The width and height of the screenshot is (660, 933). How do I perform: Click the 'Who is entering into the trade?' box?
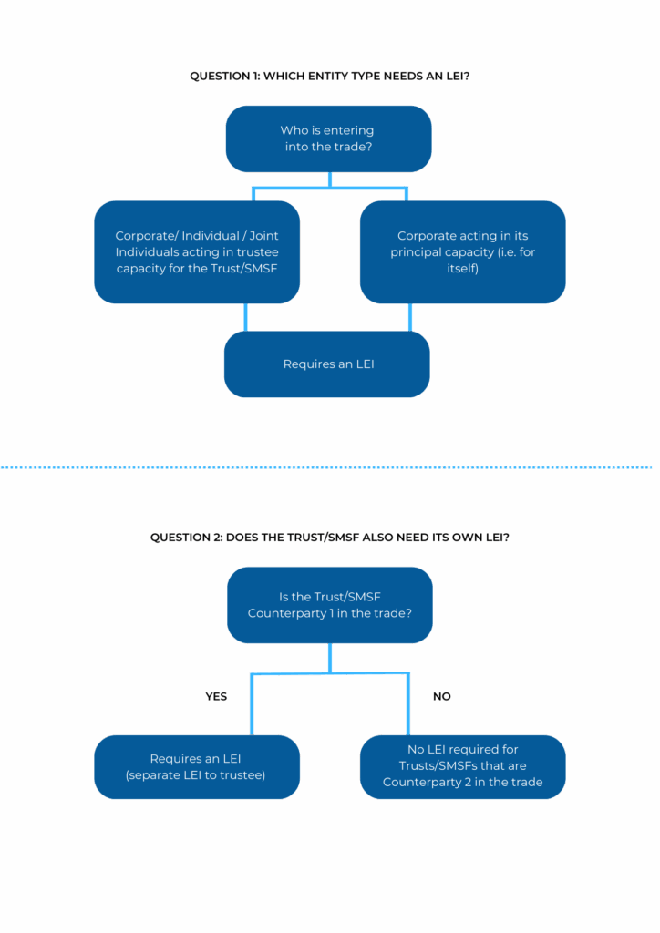tap(328, 138)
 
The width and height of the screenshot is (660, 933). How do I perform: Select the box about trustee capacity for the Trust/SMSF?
tap(197, 252)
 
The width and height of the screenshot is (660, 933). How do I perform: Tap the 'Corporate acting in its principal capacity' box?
tap(462, 252)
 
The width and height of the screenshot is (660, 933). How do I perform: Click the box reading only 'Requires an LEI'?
tap(326, 364)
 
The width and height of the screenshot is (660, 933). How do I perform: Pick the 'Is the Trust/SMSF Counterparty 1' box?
tap(330, 605)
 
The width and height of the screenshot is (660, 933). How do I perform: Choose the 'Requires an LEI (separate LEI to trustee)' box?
tap(197, 767)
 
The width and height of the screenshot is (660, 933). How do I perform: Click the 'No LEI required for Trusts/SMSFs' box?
tap(462, 767)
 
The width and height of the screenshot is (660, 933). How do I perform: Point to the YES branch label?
tap(216, 696)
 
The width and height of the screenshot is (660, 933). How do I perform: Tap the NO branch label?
tap(441, 696)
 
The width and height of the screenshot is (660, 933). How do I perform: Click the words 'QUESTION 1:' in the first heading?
tap(225, 77)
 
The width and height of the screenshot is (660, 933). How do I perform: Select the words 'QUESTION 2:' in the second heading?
tap(186, 538)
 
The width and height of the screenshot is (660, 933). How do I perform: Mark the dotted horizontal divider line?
tap(326, 467)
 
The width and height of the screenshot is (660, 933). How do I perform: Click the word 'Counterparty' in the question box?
tap(287, 613)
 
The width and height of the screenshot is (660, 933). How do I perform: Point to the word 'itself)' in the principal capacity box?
tap(462, 269)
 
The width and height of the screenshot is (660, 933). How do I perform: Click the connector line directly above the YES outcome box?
tap(253, 704)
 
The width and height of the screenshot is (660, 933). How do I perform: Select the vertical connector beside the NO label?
tap(408, 704)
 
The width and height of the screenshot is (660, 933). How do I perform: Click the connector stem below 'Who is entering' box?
tap(330, 180)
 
